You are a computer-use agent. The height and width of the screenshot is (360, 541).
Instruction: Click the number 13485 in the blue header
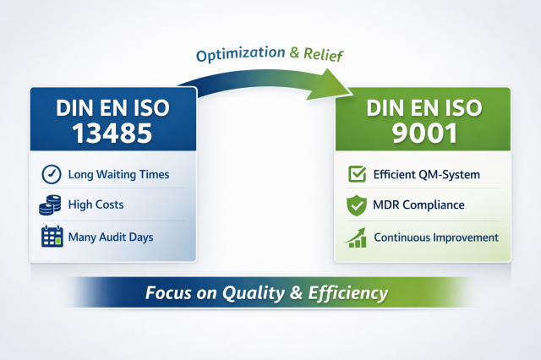112,132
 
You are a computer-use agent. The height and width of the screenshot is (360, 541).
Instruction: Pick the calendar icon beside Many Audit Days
52,236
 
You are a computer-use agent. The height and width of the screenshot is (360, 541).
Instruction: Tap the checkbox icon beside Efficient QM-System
357,175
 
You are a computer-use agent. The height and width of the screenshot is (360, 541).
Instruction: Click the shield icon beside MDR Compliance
357,205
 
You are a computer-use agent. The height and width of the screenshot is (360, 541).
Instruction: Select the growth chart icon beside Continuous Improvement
357,237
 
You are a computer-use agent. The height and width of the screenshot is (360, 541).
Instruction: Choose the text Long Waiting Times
119,175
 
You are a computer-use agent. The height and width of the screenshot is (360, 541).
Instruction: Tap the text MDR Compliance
418,205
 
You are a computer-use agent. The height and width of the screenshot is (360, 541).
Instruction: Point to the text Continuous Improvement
435,237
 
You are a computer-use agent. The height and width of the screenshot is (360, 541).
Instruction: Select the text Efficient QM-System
426,175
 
